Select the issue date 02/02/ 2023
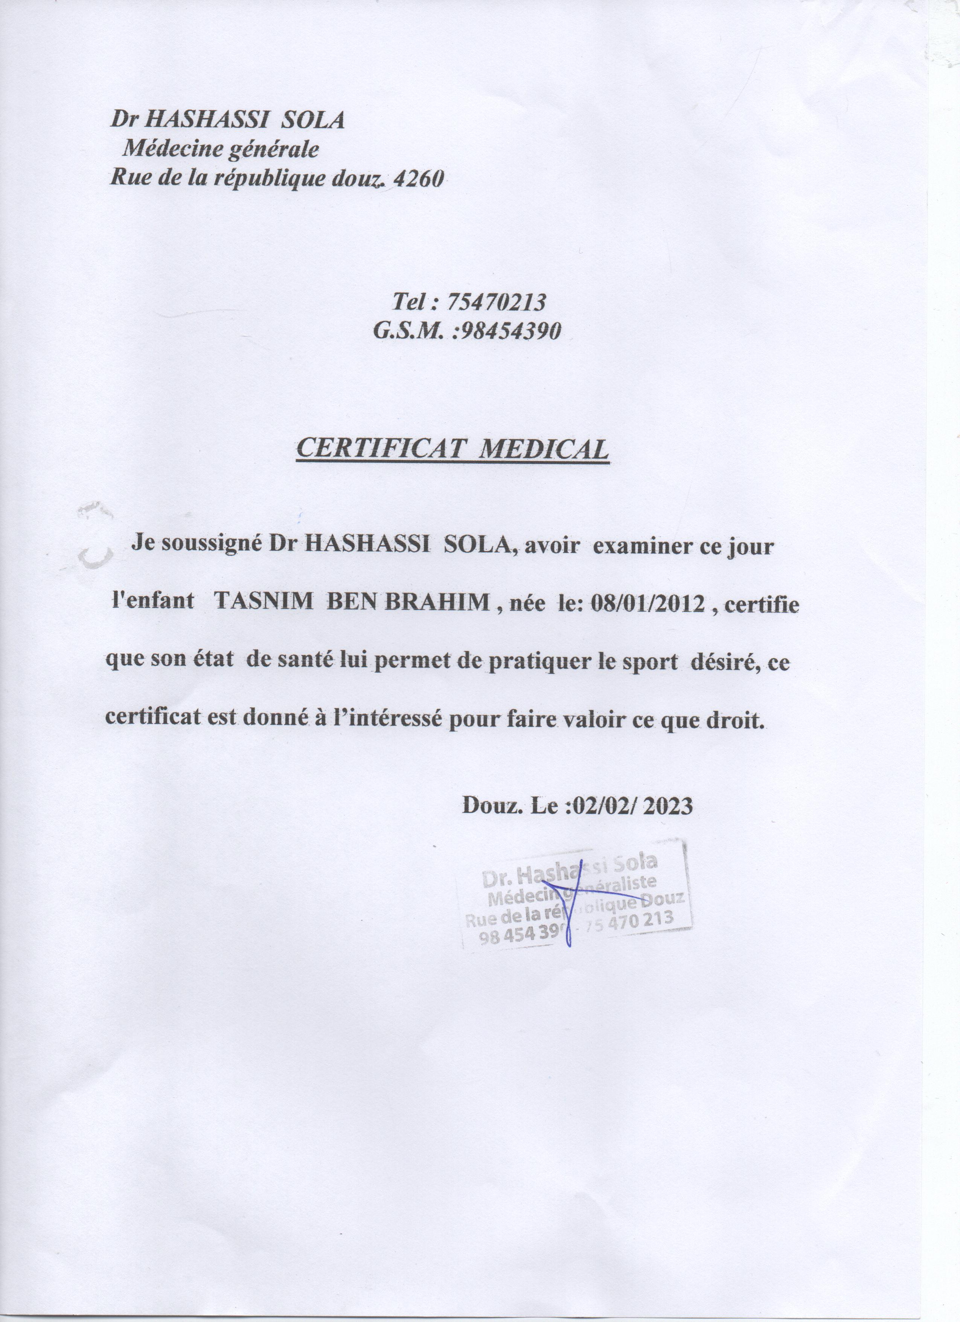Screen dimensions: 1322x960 (632, 806)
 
